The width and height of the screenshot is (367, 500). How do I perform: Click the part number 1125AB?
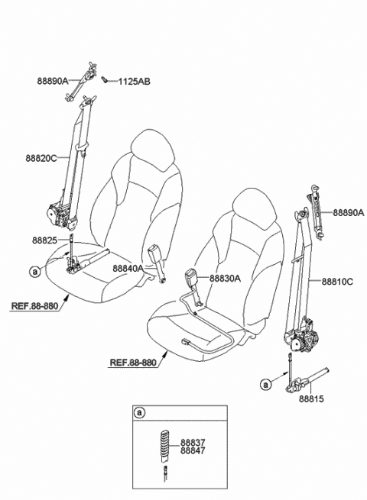pos(134,82)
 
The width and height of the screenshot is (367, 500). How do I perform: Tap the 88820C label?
pos(41,158)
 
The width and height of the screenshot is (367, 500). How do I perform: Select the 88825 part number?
pos(44,240)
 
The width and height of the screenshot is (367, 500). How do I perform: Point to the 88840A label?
pos(128,269)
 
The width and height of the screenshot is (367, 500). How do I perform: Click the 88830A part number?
pos(226,279)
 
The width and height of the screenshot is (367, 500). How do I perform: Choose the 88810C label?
pos(337,282)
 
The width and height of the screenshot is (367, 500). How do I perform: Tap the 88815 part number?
pos(311,398)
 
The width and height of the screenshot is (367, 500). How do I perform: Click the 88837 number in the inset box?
pos(193,443)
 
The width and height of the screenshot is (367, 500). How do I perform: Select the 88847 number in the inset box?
pos(193,450)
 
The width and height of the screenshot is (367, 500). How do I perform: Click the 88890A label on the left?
pos(53,81)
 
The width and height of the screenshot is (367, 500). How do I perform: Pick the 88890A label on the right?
pos(349,213)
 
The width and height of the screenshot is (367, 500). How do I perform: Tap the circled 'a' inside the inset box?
pos(139,413)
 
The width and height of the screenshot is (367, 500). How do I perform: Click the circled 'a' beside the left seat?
pos(35,272)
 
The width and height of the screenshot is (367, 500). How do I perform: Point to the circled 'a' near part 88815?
pos(266,385)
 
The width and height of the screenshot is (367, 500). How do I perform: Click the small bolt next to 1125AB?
pos(104,79)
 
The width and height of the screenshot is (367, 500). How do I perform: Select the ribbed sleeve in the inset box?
pos(165,445)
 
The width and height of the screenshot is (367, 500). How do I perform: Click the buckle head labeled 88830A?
pos(191,276)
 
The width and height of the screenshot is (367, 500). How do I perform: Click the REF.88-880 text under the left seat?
pos(35,306)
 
